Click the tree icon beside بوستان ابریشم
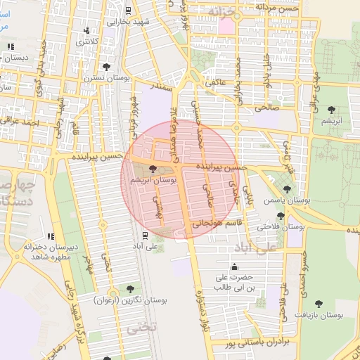tap(154, 169)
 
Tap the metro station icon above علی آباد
tap(144, 235)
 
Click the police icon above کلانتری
tap(86, 31)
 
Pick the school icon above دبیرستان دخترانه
tap(50, 236)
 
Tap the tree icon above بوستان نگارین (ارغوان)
tap(129, 288)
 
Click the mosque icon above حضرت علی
tap(234, 267)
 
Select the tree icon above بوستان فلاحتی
tap(281, 215)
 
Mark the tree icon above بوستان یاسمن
tap(285, 188)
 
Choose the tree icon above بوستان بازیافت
tap(319, 304)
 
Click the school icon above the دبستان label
tap(10, 47)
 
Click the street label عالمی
tap(215, 82)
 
